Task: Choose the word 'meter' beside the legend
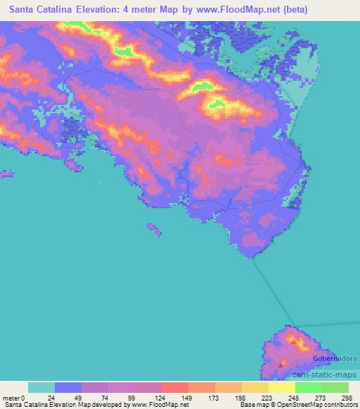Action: pos(11,398)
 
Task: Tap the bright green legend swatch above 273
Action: pos(309,387)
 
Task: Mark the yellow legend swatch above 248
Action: pos(282,387)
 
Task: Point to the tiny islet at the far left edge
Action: pos(6,174)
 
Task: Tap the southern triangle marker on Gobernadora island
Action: pos(282,364)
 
